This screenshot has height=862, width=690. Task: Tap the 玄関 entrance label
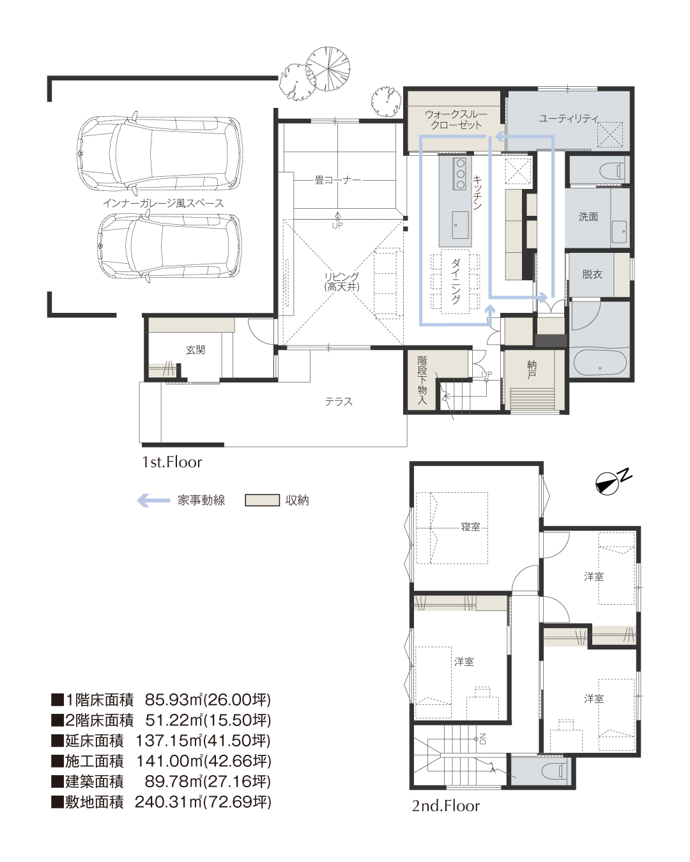pos(195,350)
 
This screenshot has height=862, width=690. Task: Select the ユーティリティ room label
pos(568,118)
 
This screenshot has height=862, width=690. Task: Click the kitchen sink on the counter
pos(460,225)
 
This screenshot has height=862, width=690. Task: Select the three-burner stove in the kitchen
pos(460,174)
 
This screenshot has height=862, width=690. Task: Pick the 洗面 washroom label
pos(588,216)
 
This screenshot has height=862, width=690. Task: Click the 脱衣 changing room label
pos(592,275)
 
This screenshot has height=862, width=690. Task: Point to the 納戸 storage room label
pos(532,369)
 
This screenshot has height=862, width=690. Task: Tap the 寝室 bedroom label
pos(471,527)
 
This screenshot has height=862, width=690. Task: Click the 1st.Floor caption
pos(172,462)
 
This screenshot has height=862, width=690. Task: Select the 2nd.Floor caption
pos(446,806)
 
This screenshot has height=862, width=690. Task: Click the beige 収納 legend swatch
pos(262,501)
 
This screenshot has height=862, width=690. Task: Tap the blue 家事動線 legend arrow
pos(153,501)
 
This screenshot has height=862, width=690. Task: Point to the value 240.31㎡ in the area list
pos(169,802)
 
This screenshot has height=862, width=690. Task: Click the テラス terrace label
pos(339,402)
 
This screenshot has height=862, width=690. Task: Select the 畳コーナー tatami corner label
pos(337,180)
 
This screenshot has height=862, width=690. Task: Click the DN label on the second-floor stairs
pos(483,739)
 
